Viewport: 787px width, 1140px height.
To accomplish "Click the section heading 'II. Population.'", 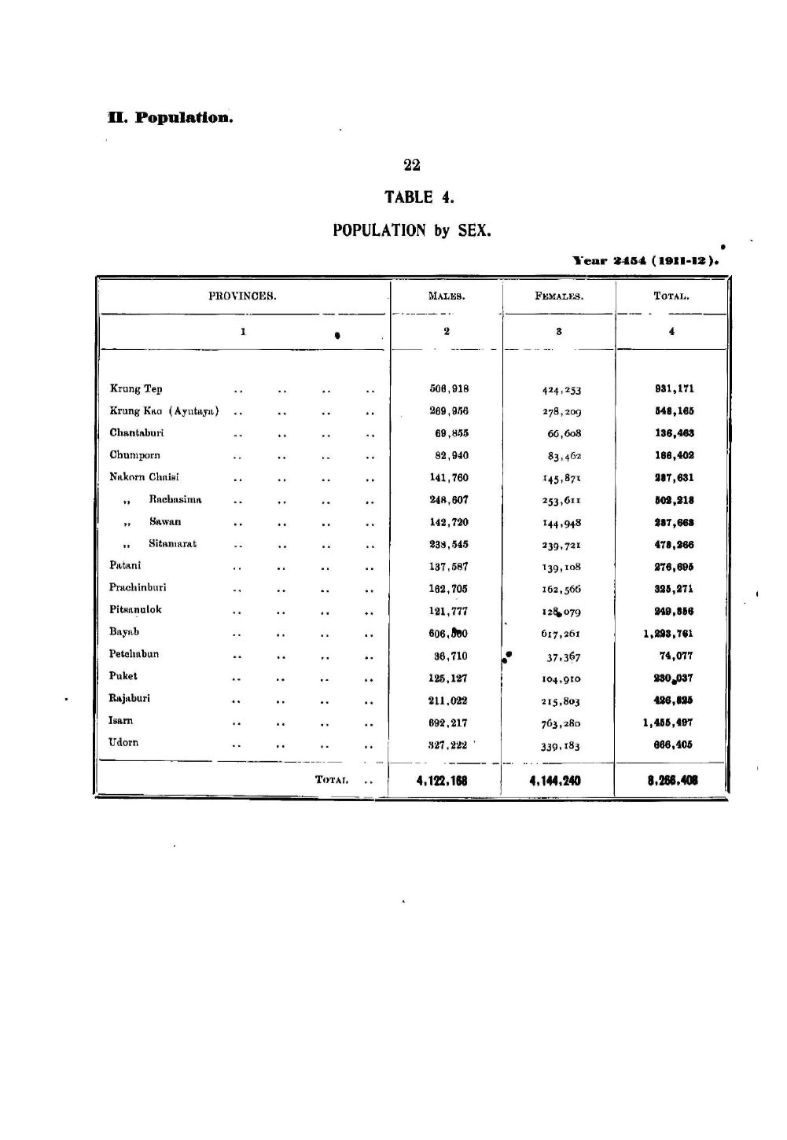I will pos(171,118).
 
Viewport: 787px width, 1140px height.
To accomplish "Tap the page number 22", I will pos(412,165).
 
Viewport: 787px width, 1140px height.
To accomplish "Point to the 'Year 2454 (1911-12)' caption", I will pos(646,260).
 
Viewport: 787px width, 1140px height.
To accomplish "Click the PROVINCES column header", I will pos(242,296).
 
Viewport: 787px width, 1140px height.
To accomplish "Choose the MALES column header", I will pos(447,296).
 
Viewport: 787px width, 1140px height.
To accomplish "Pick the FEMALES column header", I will pos(559,296).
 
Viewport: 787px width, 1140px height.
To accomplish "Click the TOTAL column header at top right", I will pos(671,296).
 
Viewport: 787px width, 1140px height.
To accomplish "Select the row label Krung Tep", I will pos(136,389).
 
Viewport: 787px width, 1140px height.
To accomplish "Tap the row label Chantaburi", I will pos(137,433).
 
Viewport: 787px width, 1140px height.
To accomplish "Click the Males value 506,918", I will pos(449,388).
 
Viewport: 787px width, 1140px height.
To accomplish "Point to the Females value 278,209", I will pos(561,411).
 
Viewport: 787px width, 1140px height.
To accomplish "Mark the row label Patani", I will pos(126,565).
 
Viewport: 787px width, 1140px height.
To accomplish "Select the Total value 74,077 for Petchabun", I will pos(676,656).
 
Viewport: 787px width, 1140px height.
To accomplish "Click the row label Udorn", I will pos(123,743).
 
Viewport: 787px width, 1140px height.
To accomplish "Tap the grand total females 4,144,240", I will pos(555,781).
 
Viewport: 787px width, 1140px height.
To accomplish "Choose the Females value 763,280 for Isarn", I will pos(561,723).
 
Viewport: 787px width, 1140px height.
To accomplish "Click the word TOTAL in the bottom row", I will pos(331,780).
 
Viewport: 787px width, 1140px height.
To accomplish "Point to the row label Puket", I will pos(123,676).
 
